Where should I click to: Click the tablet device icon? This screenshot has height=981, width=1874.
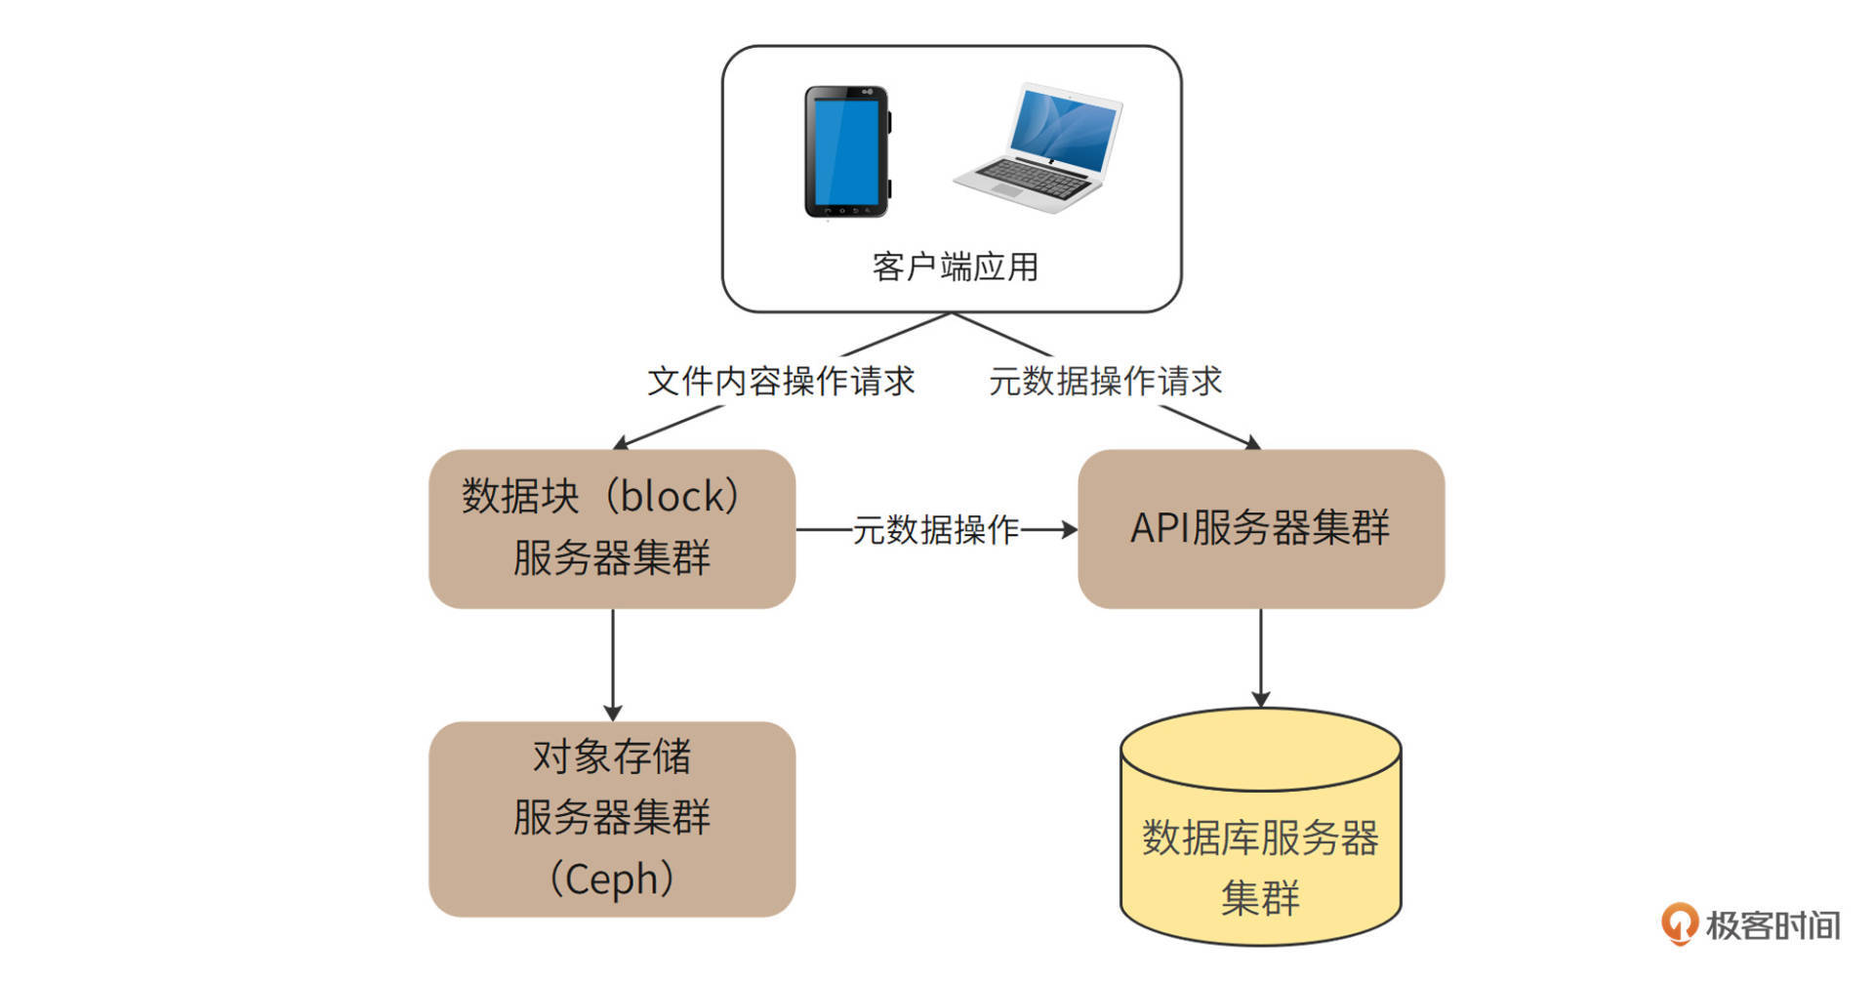[x=845, y=151]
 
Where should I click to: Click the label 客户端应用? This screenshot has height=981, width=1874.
[x=955, y=266]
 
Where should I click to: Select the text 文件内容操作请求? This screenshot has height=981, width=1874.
[x=781, y=381]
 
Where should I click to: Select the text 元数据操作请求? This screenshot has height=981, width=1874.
[x=1105, y=381]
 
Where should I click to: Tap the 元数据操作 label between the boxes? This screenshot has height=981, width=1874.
[x=935, y=530]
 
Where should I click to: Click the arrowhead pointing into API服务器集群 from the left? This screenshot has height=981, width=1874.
[x=1070, y=530]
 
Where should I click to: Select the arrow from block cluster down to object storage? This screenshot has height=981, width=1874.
[x=612, y=664]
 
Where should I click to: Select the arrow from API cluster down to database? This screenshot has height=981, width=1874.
[x=1260, y=656]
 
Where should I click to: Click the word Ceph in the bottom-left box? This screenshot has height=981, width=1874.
[x=612, y=879]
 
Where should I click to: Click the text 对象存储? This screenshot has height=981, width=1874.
[x=612, y=756]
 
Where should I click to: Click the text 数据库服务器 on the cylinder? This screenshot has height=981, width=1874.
[x=1260, y=838]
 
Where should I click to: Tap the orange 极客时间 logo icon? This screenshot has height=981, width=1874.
[x=1679, y=923]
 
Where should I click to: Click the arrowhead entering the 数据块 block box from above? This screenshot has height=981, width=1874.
[x=621, y=444]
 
